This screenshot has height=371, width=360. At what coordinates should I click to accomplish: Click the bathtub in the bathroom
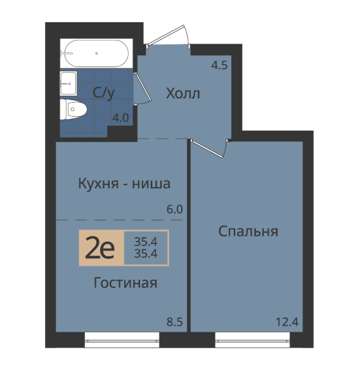point(96,53)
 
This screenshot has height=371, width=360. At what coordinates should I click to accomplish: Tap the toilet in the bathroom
point(74,109)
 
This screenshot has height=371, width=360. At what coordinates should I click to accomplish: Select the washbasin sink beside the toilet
point(68,83)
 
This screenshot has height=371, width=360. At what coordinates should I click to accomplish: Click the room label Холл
point(183,93)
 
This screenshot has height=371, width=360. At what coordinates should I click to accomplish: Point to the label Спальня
point(248,232)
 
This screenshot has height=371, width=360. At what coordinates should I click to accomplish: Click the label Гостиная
point(125,282)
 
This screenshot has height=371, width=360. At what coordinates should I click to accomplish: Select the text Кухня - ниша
point(124,183)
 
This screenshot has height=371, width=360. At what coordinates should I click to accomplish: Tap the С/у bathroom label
point(103,93)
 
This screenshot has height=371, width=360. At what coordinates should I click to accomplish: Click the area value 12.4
point(287,322)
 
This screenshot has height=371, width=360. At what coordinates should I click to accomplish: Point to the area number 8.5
point(174,322)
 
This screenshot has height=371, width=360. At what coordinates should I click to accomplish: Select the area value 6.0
point(174,210)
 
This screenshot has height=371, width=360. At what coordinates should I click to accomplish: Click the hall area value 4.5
point(219,65)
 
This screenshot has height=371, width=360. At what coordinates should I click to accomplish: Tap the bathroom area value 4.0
point(120,118)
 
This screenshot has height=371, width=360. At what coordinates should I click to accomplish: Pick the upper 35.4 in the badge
point(146,242)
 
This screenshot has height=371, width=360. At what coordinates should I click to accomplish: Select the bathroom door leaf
point(142,86)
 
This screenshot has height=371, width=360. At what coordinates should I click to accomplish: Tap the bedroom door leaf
point(207,148)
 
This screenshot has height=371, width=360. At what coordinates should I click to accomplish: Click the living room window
point(122,340)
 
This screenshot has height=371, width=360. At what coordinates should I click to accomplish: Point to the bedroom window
point(253,340)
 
